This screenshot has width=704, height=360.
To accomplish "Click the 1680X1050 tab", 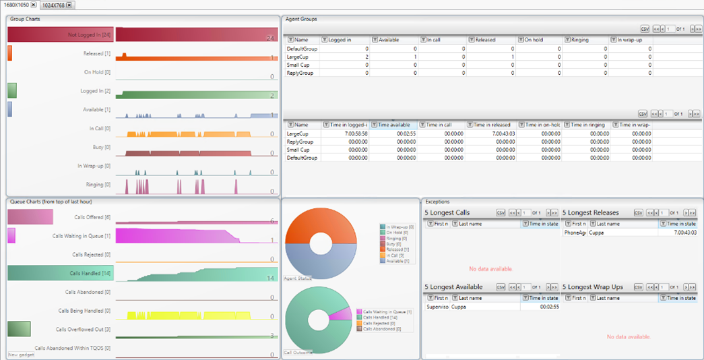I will point(17,5).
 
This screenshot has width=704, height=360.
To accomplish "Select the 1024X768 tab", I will point(54,5).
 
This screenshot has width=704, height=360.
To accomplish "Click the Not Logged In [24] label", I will point(89,35).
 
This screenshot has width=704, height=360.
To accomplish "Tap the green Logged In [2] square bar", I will point(12,90).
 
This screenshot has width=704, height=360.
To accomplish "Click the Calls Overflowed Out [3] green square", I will point(19,328).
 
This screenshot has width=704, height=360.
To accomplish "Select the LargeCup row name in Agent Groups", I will point(298,57).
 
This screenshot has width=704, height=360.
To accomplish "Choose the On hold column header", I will point(534,40).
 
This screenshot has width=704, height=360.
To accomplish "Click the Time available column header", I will point(394,125).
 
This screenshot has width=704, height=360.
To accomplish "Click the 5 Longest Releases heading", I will point(590,212).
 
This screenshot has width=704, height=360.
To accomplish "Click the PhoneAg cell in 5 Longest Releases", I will point(575,232).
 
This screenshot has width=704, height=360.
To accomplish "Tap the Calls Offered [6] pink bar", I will point(30,217).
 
